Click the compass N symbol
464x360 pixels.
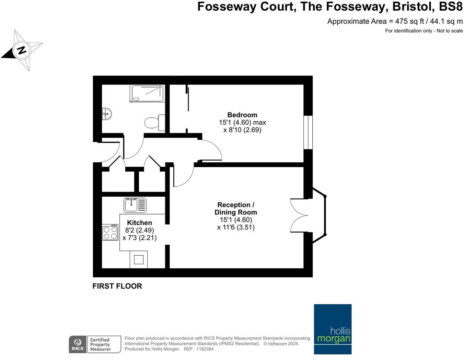22,50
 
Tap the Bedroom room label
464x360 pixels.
242,115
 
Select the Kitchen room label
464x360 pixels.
139,223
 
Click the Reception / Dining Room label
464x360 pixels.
236,209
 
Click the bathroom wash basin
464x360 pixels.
107,114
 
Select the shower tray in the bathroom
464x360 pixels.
147,94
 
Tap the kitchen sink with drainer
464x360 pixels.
135,205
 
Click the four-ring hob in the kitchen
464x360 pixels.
110,232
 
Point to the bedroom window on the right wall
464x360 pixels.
308,132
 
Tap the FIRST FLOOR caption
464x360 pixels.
117,286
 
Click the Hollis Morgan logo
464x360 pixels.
333,329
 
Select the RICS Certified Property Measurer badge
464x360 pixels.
95,344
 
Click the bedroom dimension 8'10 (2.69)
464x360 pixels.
242,130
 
